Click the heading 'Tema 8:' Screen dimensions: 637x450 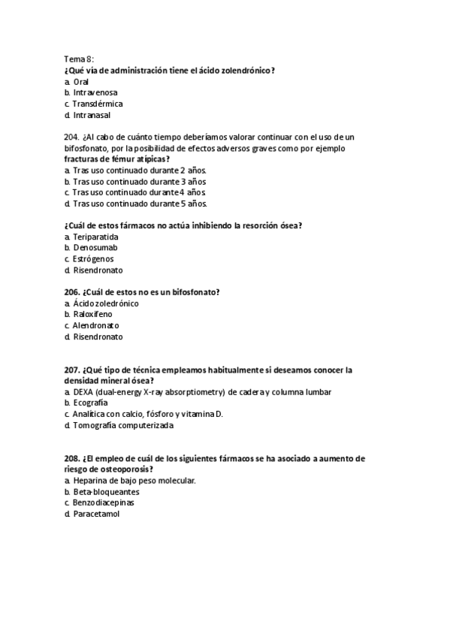pyautogui.click(x=80, y=59)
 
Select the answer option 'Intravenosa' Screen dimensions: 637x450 pyautogui.click(x=95, y=92)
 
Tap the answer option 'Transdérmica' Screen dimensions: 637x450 pyautogui.click(x=98, y=104)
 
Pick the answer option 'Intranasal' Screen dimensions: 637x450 pyautogui.click(x=93, y=115)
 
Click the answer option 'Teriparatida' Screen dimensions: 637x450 pyautogui.click(x=95, y=236)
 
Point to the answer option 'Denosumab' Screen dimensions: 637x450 pyautogui.click(x=95, y=247)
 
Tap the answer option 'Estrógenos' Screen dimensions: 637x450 pyautogui.click(x=93, y=258)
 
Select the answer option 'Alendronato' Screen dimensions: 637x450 pyautogui.click(x=95, y=325)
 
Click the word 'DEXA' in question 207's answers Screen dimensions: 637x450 pyautogui.click(x=83, y=392)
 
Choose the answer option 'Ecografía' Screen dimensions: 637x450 pyautogui.click(x=92, y=403)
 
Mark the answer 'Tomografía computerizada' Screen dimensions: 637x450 pyautogui.click(x=123, y=425)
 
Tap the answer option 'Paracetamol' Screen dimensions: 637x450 pyautogui.click(x=96, y=514)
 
